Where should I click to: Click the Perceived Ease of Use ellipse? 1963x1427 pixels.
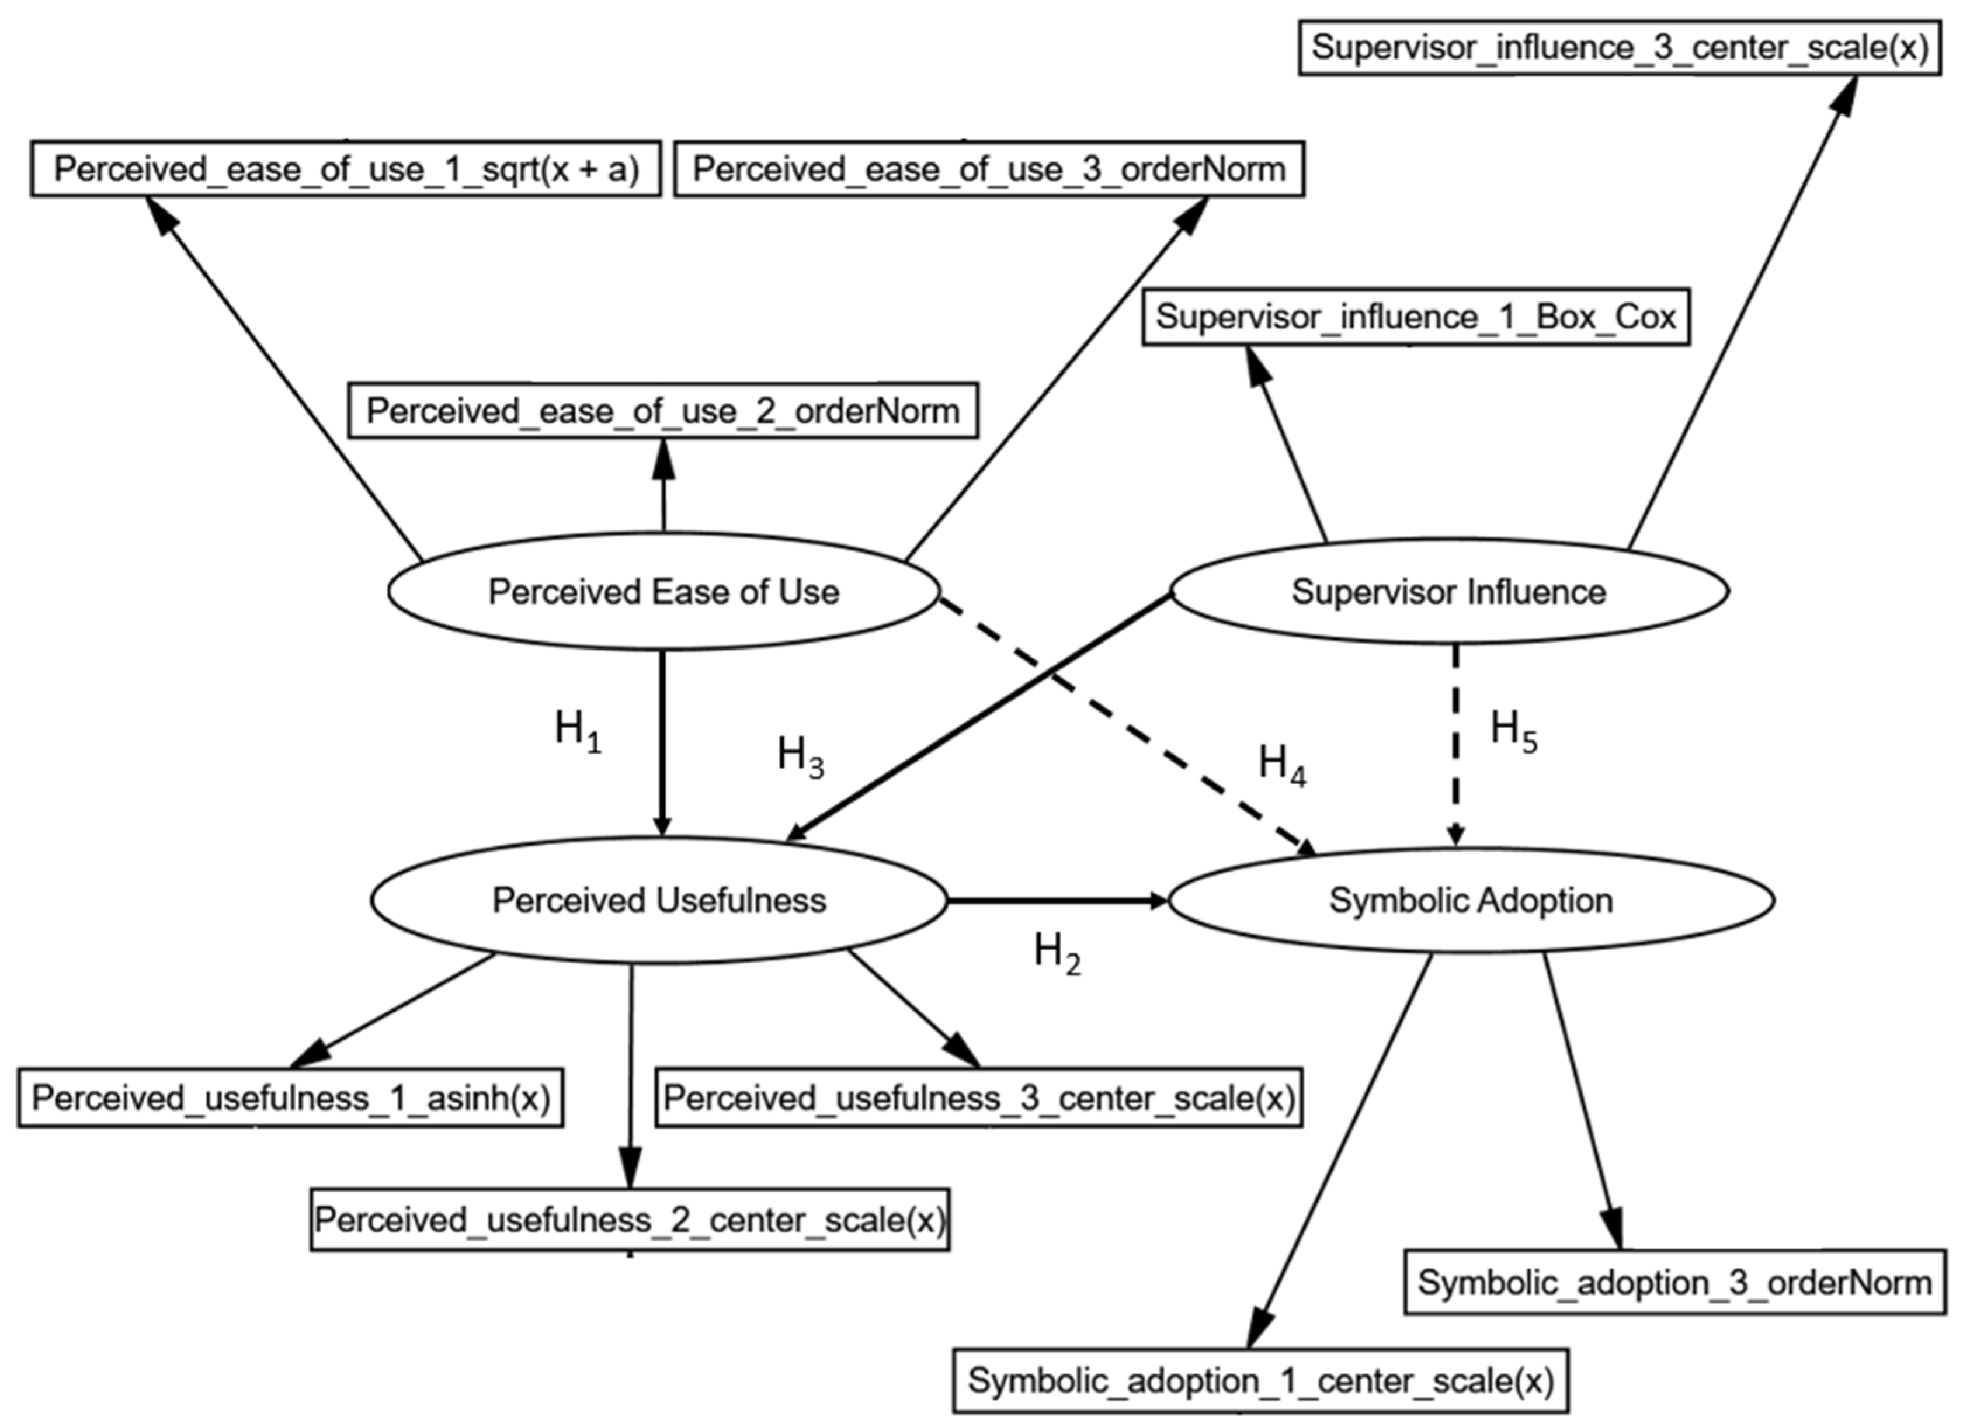664,592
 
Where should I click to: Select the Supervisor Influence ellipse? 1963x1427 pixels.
1449,592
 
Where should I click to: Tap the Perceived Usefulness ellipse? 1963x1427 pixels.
659,900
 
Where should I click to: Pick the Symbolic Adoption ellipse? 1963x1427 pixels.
1471,900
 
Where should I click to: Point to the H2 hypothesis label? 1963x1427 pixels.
1057,953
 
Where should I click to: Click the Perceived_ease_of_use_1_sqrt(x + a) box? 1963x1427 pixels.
346,169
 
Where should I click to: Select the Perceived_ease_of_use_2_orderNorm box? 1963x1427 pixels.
663,410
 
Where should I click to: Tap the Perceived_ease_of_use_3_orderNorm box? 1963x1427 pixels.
988,169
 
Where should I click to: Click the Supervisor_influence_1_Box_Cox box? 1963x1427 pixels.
1416,317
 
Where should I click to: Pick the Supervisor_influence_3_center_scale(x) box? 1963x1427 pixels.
1620,47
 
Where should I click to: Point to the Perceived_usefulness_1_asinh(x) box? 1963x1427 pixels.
291,1098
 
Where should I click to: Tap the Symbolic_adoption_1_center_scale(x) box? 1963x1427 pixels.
1260,1380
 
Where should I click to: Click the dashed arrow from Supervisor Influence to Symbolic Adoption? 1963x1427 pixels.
1456,744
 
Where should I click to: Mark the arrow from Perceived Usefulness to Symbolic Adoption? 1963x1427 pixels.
1056,901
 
